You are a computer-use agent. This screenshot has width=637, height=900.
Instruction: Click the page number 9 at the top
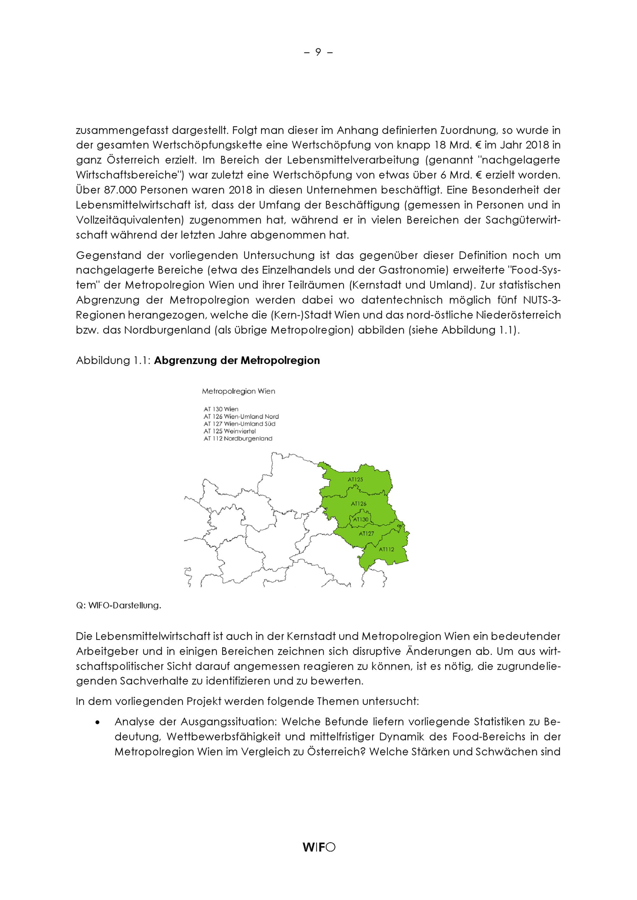click(318, 52)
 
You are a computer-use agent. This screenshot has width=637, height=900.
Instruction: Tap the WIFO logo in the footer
click(318, 847)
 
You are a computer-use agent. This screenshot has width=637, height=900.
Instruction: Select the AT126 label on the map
click(359, 503)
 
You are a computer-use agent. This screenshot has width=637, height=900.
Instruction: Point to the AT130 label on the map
click(361, 519)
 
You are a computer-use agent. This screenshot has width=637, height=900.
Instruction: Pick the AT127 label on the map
click(366, 533)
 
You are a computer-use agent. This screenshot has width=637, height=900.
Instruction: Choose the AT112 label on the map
click(386, 549)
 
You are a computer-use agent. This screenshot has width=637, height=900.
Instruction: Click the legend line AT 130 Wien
click(221, 409)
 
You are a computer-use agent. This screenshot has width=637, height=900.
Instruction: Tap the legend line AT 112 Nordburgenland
click(238, 439)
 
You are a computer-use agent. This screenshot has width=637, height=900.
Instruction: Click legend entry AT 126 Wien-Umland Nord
click(241, 417)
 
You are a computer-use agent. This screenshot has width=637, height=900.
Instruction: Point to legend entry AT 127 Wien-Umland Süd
click(239, 424)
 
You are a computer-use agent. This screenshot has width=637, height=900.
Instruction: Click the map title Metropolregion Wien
click(238, 391)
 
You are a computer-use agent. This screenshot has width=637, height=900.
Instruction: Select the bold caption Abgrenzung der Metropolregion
click(237, 360)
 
